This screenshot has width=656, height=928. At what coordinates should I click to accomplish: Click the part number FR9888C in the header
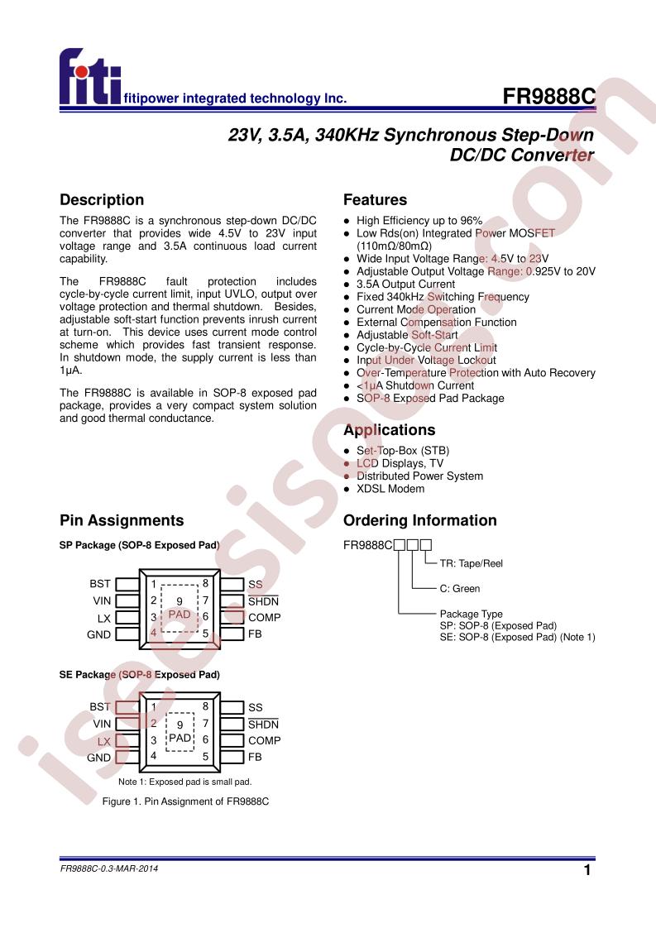(548, 97)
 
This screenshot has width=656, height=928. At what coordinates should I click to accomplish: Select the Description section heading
(102, 200)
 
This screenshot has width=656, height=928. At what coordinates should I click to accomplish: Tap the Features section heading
(375, 200)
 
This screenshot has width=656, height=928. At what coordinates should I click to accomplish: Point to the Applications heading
(389, 430)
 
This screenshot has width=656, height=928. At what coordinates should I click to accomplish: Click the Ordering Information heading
(419, 521)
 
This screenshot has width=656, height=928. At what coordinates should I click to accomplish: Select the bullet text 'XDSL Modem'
(390, 489)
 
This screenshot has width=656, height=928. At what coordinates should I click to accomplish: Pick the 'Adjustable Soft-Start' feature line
(407, 335)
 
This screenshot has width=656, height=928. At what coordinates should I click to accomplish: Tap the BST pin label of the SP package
(100, 584)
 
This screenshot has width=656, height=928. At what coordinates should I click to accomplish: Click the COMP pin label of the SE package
(264, 741)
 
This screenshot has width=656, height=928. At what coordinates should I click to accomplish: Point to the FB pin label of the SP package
(255, 634)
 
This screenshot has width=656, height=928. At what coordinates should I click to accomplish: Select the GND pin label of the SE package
(98, 758)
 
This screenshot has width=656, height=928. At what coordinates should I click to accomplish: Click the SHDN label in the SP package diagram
(263, 601)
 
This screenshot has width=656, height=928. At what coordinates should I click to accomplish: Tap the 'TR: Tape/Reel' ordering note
(471, 563)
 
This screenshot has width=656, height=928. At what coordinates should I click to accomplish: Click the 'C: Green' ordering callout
(459, 589)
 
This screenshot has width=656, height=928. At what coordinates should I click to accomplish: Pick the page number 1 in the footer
(587, 871)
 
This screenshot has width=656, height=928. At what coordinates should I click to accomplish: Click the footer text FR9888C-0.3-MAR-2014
(110, 870)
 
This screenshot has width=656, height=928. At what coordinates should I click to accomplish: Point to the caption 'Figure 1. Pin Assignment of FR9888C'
(186, 802)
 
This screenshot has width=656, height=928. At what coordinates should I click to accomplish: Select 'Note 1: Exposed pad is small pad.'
(184, 782)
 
